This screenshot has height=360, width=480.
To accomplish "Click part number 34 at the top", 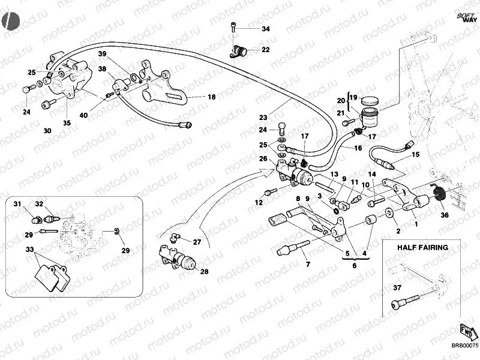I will [x=266, y=29].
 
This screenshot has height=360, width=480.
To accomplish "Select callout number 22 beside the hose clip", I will [x=265, y=50].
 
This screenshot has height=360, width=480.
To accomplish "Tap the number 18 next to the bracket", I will [x=211, y=97].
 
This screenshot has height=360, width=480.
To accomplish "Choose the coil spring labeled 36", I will [x=437, y=194].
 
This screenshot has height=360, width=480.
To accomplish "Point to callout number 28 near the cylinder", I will [x=204, y=272].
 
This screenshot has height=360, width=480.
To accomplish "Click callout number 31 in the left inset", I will [x=17, y=203].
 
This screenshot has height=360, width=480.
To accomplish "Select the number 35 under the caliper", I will [x=67, y=124].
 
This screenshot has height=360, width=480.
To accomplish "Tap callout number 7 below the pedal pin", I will [x=307, y=264].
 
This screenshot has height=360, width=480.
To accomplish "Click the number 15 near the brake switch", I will [x=415, y=155].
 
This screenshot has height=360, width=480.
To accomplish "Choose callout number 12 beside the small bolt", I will [x=259, y=202].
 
